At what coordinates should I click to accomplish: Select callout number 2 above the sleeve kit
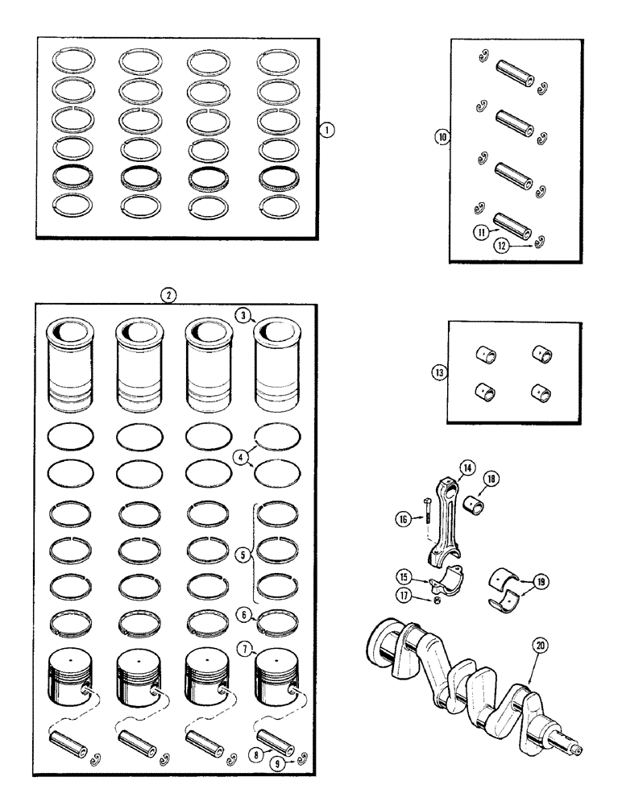click(x=167, y=295)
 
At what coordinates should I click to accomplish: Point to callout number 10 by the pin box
click(x=441, y=138)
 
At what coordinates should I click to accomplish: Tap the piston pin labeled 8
click(x=271, y=738)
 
